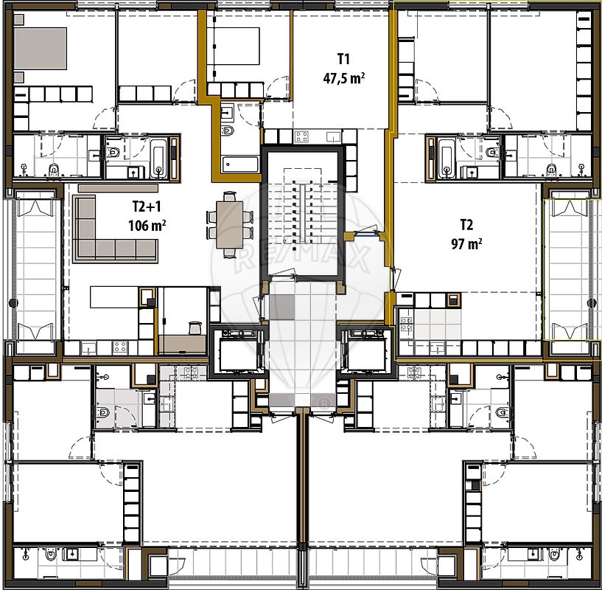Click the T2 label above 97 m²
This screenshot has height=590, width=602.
click(466, 225)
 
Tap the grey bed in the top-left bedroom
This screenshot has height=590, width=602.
click(41, 49)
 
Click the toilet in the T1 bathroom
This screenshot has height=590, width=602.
click(228, 132)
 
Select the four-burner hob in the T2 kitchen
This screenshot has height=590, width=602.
click(407, 319)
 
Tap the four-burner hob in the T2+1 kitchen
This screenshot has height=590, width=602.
click(122, 347)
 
